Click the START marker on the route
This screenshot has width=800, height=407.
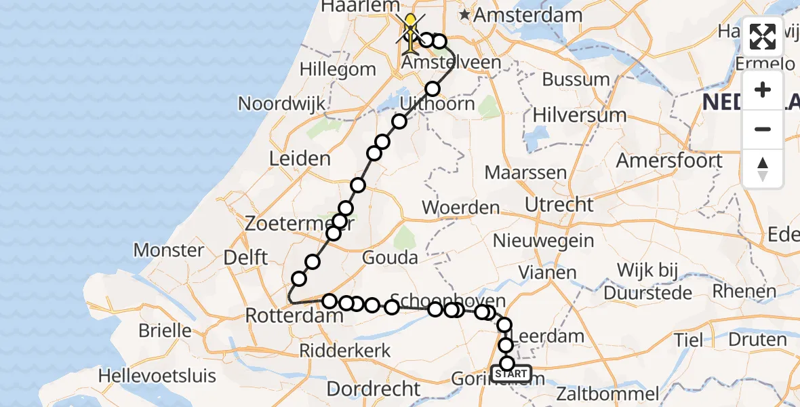tap(511, 374)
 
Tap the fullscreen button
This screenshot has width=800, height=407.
tap(763, 37)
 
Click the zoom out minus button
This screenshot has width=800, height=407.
tap(763, 129)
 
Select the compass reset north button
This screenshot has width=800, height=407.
tap(763, 169)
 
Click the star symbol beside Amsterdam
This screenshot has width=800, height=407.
tap(465, 14)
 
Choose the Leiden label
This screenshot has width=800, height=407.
tap(300, 159)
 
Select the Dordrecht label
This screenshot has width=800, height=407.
tap(374, 389)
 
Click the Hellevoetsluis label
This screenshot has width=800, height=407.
tap(157, 376)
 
